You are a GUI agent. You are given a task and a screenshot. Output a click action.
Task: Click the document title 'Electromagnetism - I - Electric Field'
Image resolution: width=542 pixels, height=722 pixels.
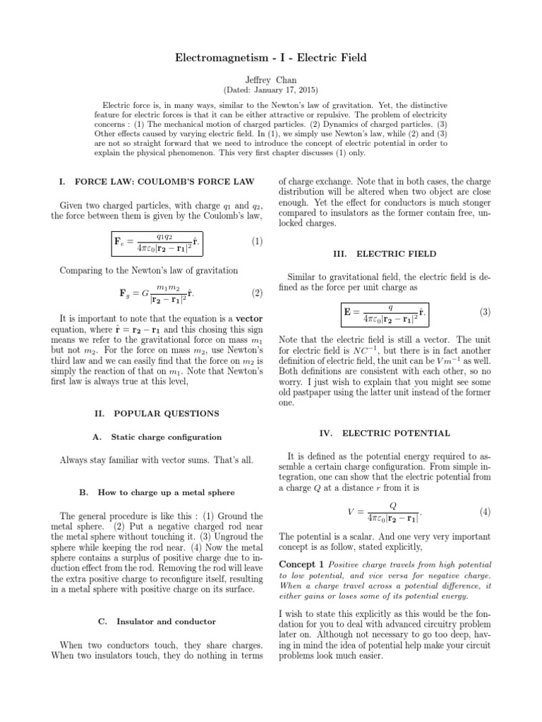271,57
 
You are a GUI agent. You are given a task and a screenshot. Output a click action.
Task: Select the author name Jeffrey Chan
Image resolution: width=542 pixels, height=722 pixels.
271,80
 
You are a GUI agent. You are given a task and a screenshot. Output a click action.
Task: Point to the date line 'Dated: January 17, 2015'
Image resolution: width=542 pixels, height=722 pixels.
271,91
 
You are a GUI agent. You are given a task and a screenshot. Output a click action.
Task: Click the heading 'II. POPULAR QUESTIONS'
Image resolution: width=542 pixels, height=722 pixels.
157,413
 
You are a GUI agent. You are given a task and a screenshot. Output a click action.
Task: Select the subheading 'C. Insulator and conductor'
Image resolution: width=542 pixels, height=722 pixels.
157,621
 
